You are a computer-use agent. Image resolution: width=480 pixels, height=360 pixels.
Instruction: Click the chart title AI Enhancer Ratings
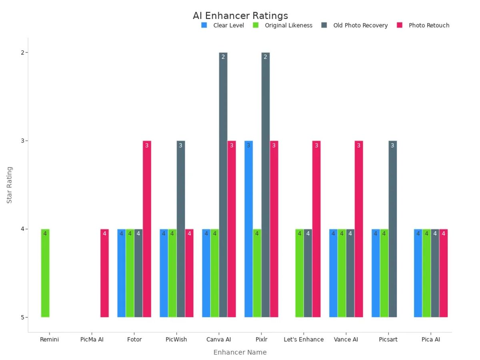tap(240, 16)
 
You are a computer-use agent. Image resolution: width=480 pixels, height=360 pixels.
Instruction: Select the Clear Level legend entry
tap(228, 25)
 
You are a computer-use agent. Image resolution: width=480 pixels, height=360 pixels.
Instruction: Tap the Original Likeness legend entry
tap(288, 25)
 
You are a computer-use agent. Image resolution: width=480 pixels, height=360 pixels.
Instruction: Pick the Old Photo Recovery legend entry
tap(360, 25)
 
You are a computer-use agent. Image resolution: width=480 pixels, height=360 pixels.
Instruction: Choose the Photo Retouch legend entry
tap(428, 25)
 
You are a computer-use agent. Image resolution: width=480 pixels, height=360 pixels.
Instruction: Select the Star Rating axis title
tap(10, 185)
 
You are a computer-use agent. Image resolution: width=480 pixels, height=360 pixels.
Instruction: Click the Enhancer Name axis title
tap(240, 352)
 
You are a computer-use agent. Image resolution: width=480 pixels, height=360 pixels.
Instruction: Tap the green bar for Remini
tap(45, 273)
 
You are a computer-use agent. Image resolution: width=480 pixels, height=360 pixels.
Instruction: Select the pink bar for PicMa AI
tap(104, 273)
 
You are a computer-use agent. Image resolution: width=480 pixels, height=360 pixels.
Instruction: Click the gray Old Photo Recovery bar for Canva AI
tap(223, 185)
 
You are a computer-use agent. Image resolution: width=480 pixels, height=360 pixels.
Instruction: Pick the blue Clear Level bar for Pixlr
tap(248, 229)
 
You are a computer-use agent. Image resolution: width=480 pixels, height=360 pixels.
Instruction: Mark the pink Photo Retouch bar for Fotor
tap(147, 229)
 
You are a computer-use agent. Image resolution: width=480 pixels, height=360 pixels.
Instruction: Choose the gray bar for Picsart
tap(392, 229)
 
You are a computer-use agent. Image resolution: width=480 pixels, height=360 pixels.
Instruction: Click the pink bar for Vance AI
tap(359, 229)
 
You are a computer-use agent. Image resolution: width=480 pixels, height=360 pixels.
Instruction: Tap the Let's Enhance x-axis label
tap(304, 340)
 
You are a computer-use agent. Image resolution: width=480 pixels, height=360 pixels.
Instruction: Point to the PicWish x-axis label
tap(176, 340)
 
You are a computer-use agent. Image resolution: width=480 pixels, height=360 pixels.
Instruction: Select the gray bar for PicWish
tap(181, 229)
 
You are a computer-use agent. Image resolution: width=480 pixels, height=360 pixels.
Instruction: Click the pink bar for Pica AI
tap(444, 273)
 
